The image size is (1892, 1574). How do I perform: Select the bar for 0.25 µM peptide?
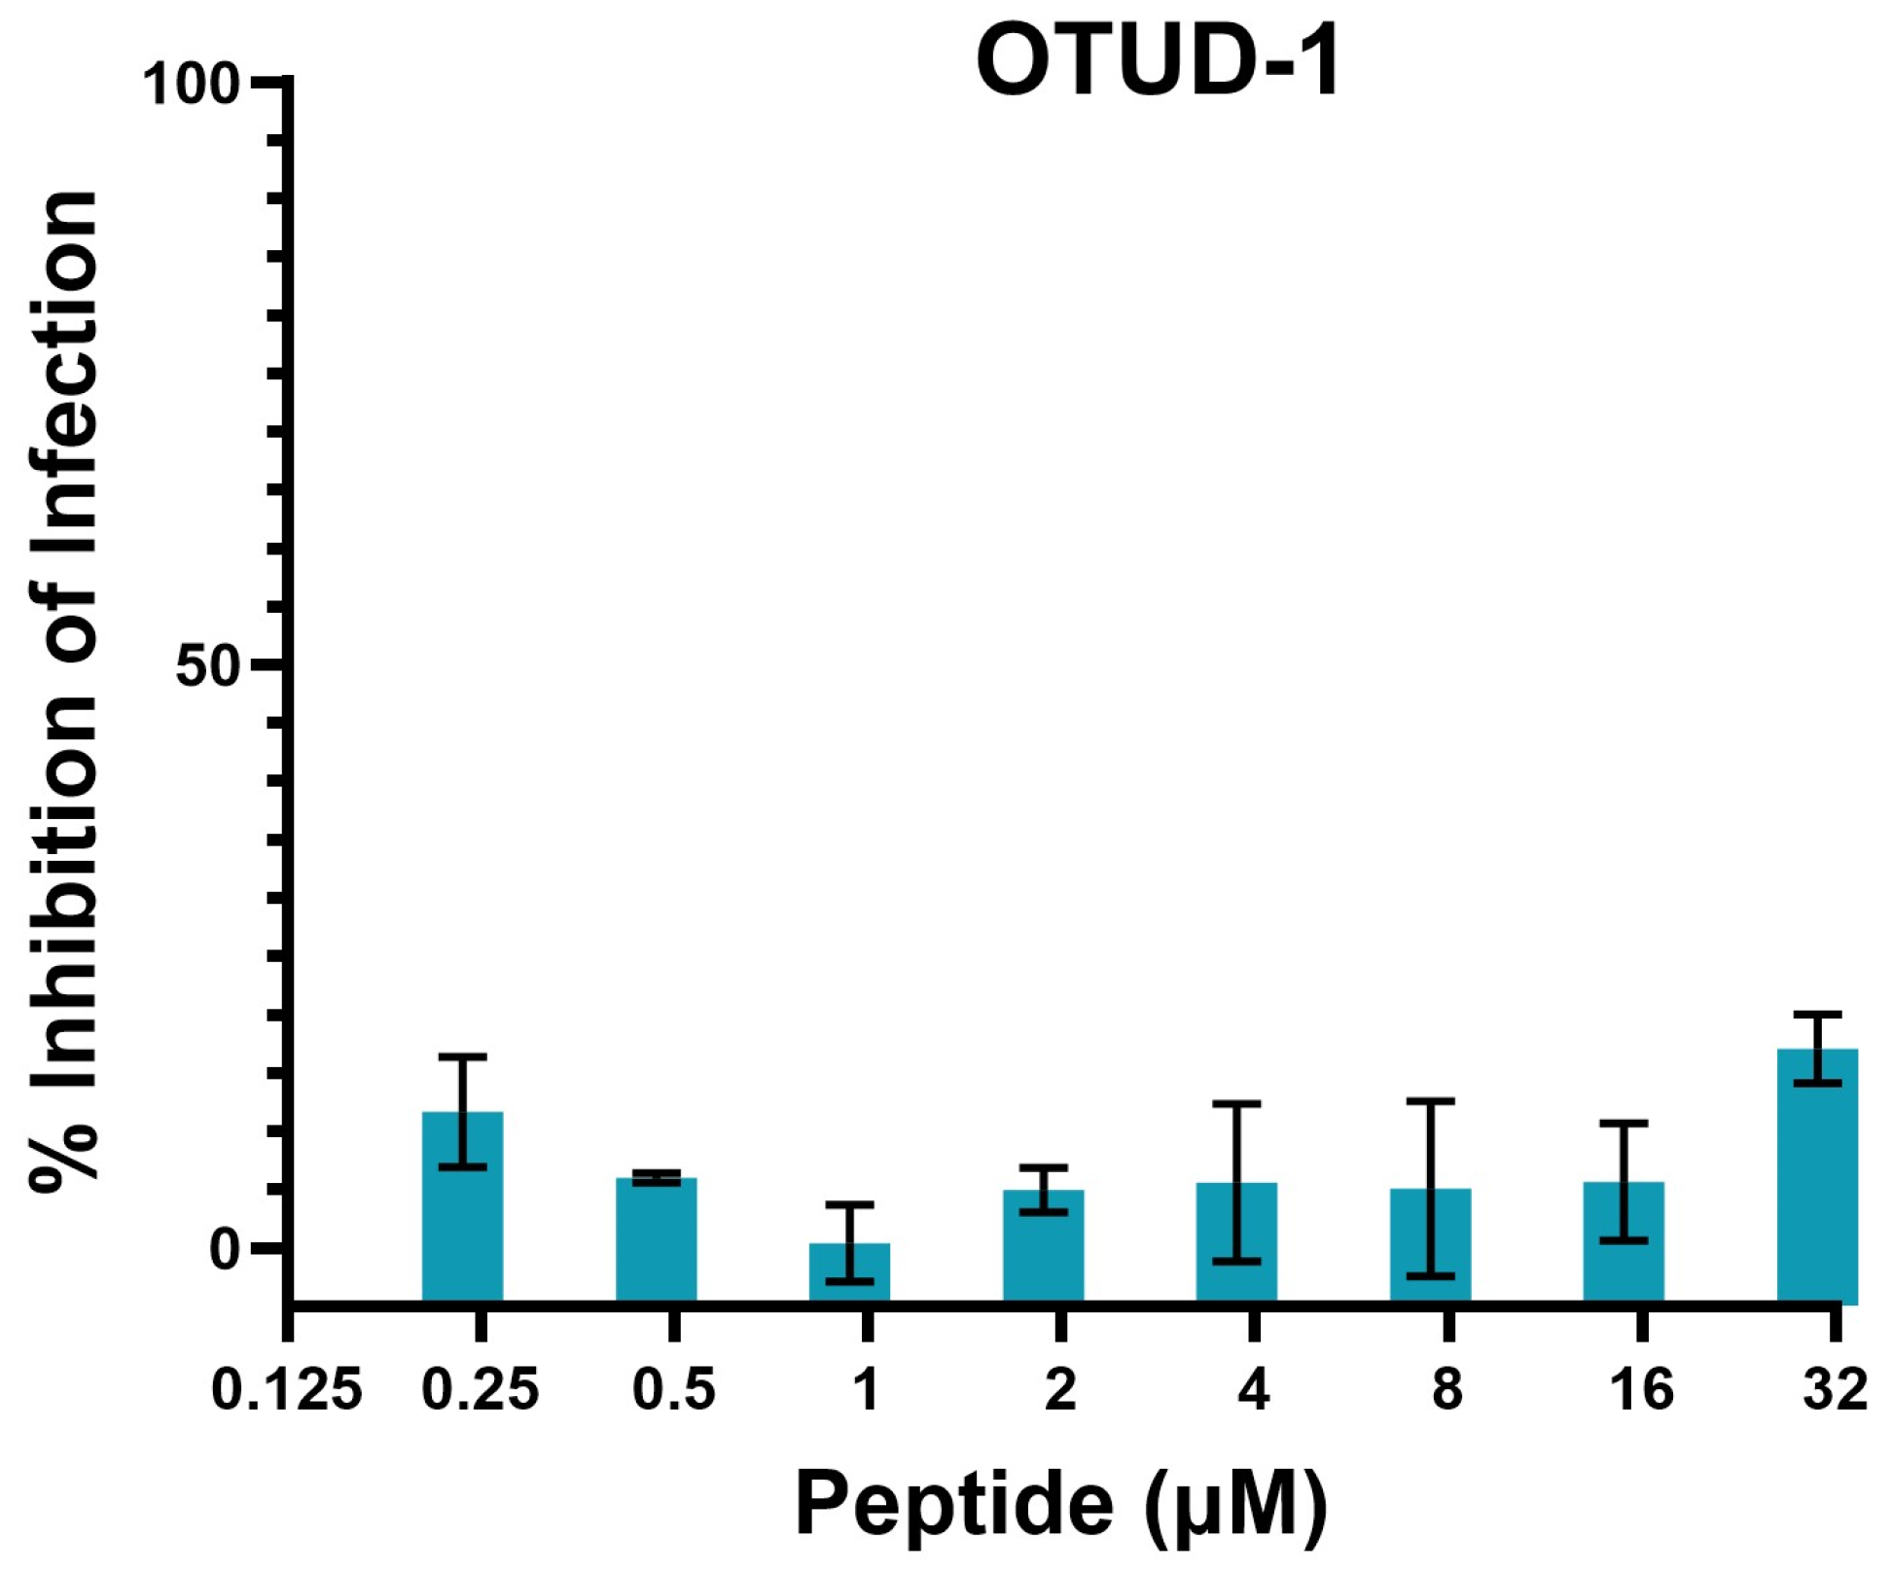(x=462, y=1206)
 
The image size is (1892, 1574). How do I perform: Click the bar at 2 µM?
(x=1043, y=1244)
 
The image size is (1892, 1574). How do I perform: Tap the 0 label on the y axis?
(x=225, y=1249)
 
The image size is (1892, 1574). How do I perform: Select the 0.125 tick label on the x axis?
(x=287, y=1389)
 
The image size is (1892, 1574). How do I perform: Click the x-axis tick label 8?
(x=1447, y=1389)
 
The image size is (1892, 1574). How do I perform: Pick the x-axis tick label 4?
(x=1254, y=1389)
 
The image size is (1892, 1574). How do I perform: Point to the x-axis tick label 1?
(x=866, y=1389)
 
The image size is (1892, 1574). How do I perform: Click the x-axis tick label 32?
(x=1835, y=1389)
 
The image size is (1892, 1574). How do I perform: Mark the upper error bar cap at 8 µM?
(x=1430, y=1101)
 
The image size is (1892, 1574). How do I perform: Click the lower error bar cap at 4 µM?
(x=1236, y=1261)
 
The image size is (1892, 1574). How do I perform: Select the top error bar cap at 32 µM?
(x=1817, y=1015)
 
